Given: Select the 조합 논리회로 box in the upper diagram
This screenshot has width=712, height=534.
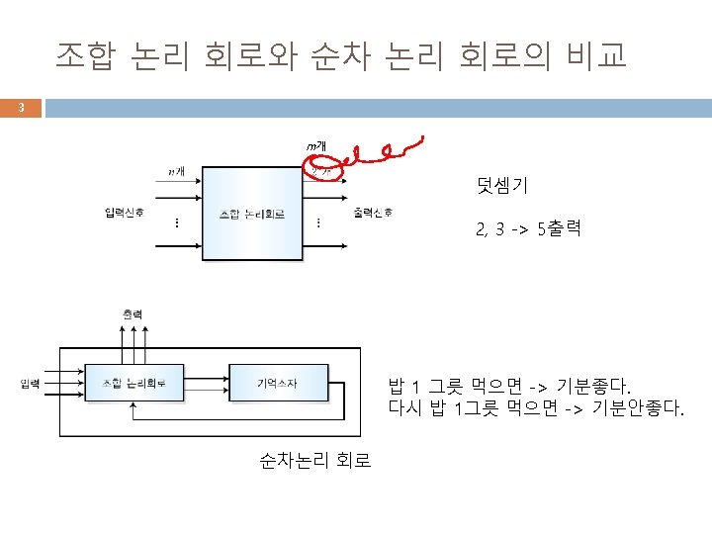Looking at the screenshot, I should (252, 214).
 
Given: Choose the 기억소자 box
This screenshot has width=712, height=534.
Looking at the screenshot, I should (278, 383).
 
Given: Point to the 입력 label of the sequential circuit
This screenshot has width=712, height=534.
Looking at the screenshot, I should (31, 383).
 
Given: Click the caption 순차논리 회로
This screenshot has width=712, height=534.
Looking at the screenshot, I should (315, 460).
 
